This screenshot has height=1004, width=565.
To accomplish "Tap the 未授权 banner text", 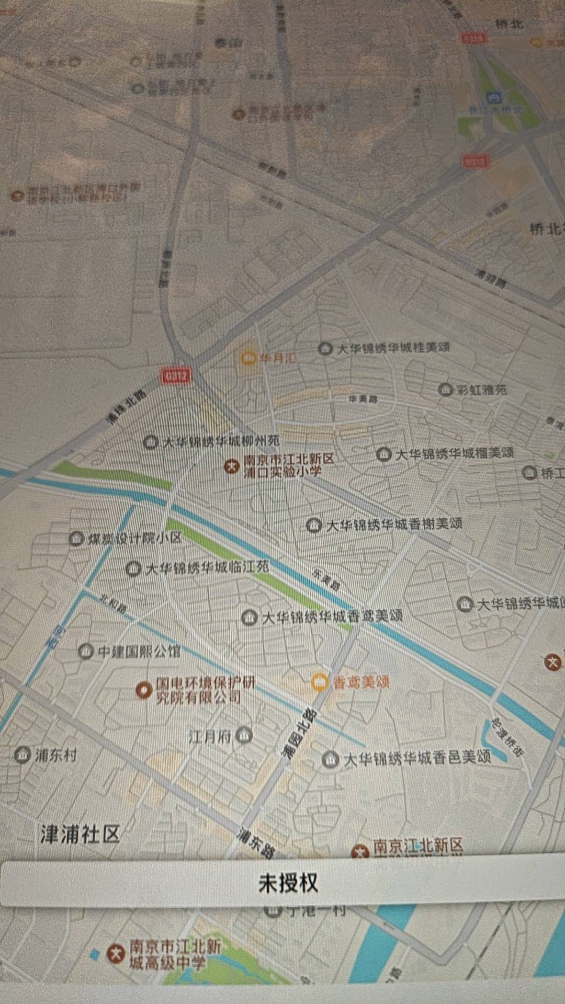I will (288, 883).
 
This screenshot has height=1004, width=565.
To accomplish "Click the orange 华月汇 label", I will (277, 358).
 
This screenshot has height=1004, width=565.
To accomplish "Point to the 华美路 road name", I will (363, 400).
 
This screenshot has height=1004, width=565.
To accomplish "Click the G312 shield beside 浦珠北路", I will (176, 376).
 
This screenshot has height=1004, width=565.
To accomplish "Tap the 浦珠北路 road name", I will (127, 407).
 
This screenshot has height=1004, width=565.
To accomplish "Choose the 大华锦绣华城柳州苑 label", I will (221, 442).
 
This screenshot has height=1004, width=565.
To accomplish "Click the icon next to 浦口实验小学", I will (231, 466).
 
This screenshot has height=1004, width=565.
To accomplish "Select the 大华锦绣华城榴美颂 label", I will (454, 453).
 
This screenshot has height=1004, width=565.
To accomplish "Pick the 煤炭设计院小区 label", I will (134, 539).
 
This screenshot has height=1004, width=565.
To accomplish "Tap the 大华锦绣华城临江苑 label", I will (207, 568).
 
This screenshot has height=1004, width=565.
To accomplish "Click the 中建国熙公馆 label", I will (139, 652).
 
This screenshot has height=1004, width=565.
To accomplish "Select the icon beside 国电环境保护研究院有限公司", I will (144, 690).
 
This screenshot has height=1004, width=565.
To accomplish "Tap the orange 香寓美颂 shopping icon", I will (319, 682).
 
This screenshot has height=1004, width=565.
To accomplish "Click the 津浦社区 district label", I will (81, 834).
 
